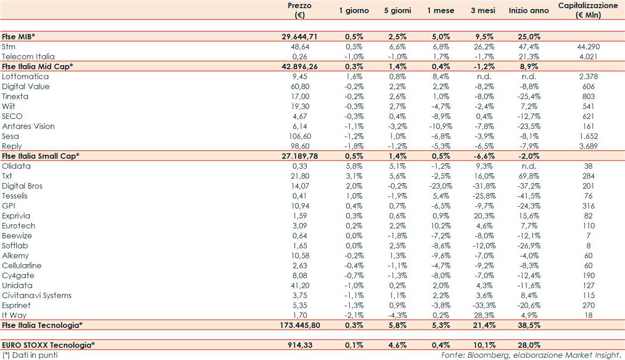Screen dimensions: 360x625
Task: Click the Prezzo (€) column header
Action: coord(299,10)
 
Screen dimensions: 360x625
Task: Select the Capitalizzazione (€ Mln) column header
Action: coord(588,10)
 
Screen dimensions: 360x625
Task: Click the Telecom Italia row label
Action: coord(28,57)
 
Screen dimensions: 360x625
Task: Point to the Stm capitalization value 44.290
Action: coord(588,47)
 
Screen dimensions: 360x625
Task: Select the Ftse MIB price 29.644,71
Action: coord(299,37)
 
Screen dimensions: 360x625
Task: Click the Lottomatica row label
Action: coord(25,76)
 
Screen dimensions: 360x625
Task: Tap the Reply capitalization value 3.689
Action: coord(588,146)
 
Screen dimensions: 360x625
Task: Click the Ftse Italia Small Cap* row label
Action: coord(41,156)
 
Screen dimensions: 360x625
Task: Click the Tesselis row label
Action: coord(15,196)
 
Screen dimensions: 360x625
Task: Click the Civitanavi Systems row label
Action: coord(37,295)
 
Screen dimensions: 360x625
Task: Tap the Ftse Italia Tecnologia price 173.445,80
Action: coord(299,325)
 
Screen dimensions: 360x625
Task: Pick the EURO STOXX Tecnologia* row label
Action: coord(48,345)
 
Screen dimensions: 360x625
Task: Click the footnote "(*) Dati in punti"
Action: coord(30,355)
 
